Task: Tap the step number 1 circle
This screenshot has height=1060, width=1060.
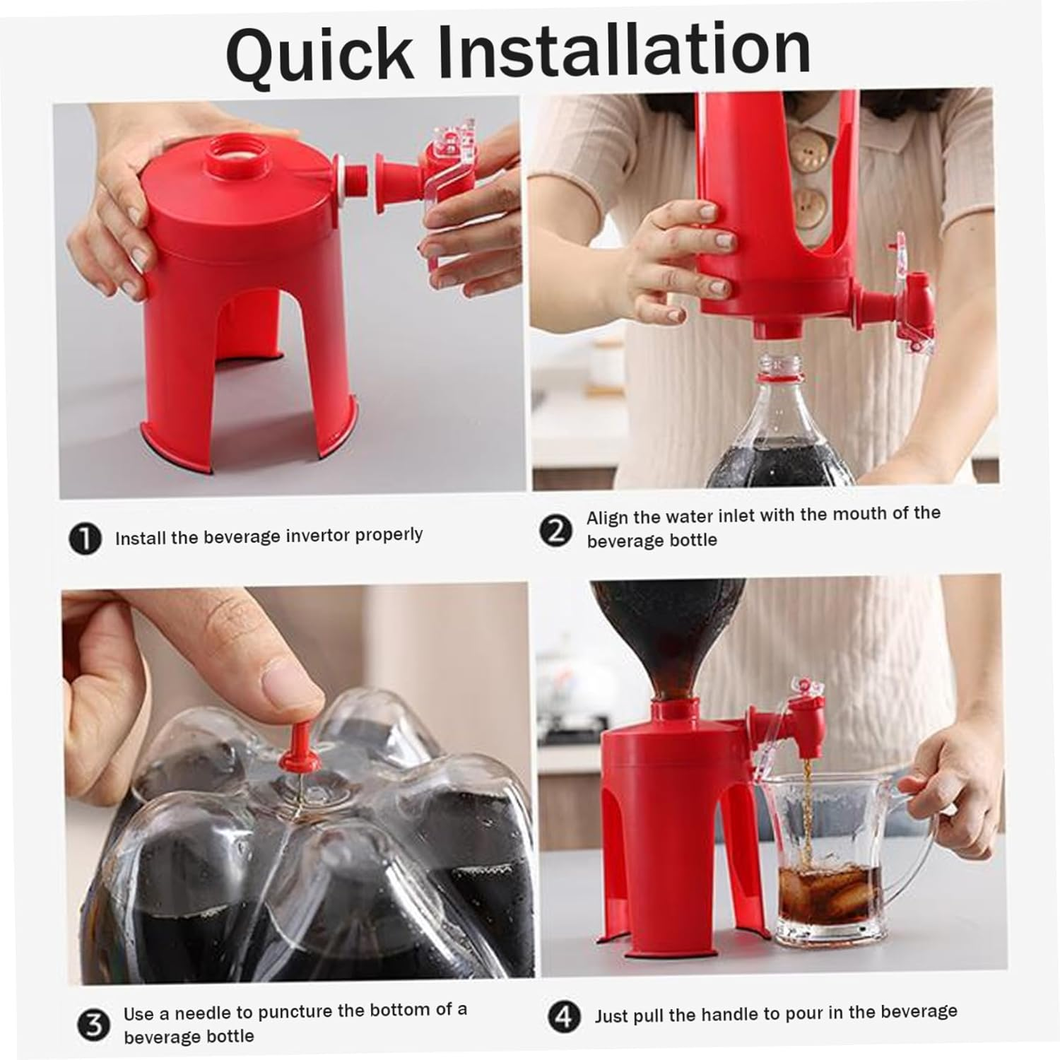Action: tap(86, 539)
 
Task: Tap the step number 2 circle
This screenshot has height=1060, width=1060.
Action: tap(555, 530)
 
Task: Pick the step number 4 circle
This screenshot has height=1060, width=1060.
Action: tap(564, 1017)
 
